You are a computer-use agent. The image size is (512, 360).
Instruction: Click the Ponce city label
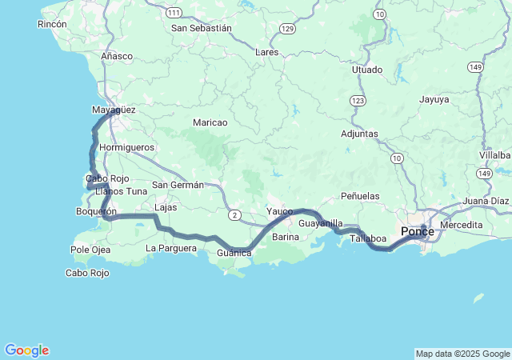(417, 232)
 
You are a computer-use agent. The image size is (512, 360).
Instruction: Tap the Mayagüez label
(114, 109)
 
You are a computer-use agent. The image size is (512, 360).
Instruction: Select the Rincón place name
(52, 25)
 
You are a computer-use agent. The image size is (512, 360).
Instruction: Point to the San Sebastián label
(202, 28)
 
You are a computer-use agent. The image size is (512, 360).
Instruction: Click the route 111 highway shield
(174, 13)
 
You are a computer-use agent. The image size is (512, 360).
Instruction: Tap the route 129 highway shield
(287, 28)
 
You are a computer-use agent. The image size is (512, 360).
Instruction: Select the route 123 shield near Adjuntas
(358, 101)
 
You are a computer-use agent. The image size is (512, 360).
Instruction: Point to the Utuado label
(367, 70)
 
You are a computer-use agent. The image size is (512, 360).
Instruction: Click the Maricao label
(210, 122)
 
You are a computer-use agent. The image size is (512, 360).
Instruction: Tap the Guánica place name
(234, 254)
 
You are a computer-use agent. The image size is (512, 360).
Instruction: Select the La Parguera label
(171, 248)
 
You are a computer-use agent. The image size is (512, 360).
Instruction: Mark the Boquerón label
(95, 211)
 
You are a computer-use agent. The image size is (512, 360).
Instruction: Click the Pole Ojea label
(90, 250)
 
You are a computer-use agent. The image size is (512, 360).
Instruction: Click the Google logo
(26, 350)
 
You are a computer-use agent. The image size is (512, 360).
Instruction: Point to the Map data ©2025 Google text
(462, 354)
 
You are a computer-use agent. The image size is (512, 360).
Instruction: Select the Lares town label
(266, 52)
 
